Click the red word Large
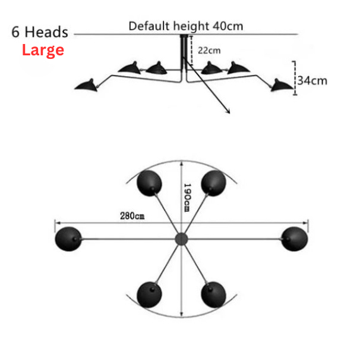tap(43, 50)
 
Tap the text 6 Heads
tap(39, 32)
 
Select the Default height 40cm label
tap(186, 26)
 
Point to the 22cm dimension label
tap(209, 51)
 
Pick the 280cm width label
tap(132, 216)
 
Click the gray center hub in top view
tap(181, 238)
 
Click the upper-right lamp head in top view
tap(213, 183)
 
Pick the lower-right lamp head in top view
tap(213, 294)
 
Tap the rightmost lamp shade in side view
tap(282, 86)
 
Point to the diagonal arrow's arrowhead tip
tap(229, 112)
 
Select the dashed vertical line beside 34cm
tap(294, 73)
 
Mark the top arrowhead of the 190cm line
tap(181, 162)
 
